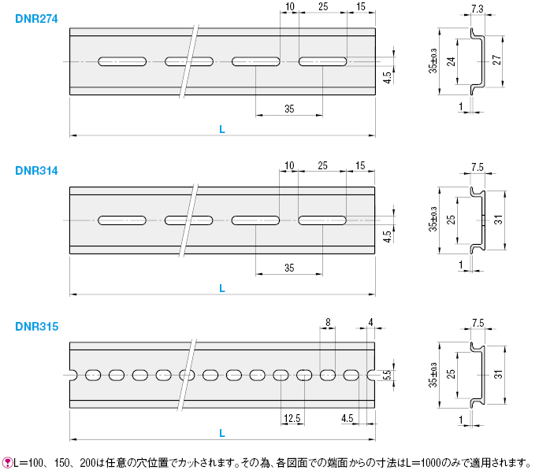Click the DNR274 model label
point(36,19)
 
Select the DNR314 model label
point(36,171)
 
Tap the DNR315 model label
point(37,327)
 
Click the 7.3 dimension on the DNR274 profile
point(477,9)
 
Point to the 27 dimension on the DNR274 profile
point(496,60)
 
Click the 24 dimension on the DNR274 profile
point(451,61)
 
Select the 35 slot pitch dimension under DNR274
point(289,109)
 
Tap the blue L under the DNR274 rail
point(222,129)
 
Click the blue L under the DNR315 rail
point(222,433)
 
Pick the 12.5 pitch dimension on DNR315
point(292,418)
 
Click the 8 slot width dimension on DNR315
point(328,322)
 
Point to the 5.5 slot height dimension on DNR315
point(387,375)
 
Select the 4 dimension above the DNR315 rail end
point(370,322)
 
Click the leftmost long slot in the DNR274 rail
point(122,61)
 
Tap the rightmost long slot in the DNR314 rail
point(322,220)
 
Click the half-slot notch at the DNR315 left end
point(73,375)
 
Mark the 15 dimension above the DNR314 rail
point(360,165)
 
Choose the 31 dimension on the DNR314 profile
point(498,220)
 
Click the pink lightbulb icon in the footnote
point(6,463)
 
